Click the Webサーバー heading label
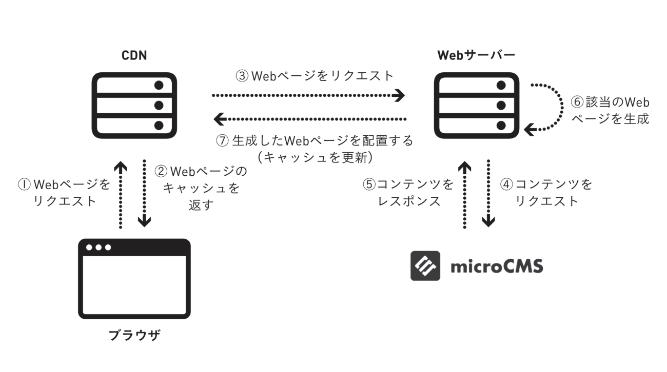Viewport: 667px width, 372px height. [x=476, y=54]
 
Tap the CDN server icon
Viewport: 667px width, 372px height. [x=134, y=105]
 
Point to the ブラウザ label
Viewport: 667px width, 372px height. [x=134, y=336]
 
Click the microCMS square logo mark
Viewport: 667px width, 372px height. [x=425, y=265]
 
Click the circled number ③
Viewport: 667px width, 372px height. [x=242, y=76]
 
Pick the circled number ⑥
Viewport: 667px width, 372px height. [x=577, y=101]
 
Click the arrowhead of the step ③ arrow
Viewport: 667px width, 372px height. [x=400, y=95]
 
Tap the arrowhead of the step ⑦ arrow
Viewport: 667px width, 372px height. [x=220, y=119]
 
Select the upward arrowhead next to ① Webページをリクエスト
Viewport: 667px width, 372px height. [x=120, y=167]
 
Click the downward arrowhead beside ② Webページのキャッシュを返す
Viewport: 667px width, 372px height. [x=145, y=221]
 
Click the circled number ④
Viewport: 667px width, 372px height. [x=506, y=184]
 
